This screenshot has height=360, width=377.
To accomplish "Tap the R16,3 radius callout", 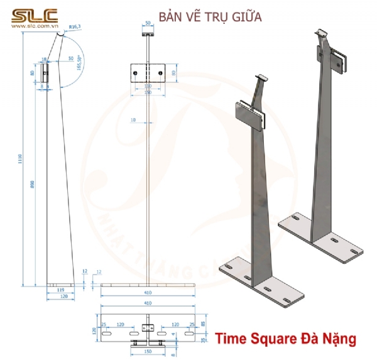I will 75,27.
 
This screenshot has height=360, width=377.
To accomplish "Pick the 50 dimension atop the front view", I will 148,23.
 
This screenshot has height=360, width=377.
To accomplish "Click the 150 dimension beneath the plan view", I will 148,353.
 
